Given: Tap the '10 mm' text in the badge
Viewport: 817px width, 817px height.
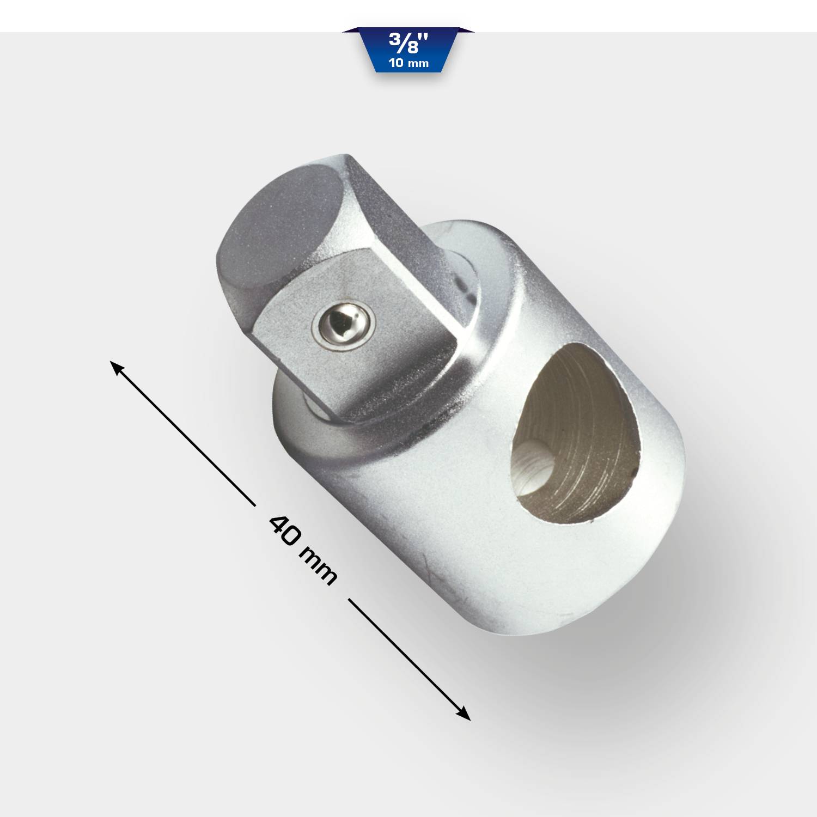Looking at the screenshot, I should point(408,63).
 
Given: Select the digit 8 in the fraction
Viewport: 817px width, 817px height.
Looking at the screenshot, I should point(412,48).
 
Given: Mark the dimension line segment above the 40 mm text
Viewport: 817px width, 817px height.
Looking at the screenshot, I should point(185,436).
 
